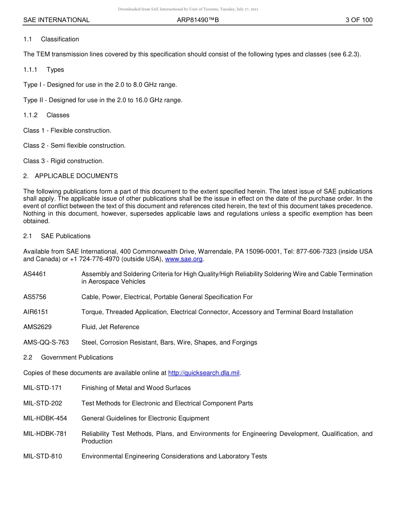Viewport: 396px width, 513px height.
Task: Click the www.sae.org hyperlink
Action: click(184, 259)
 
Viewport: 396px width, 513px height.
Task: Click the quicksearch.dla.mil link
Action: click(203, 373)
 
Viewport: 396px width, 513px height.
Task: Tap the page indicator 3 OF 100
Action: click(359, 20)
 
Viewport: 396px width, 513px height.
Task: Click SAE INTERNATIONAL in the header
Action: click(56, 20)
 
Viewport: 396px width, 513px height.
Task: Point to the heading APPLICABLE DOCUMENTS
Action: click(76, 176)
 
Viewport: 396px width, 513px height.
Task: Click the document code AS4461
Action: click(35, 274)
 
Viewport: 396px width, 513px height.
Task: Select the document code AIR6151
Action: click(35, 312)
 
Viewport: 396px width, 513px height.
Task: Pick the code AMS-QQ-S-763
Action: click(46, 342)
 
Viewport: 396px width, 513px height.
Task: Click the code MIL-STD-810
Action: click(43, 456)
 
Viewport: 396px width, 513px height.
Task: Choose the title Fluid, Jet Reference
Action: click(110, 327)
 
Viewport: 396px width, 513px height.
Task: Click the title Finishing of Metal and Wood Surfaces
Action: click(136, 388)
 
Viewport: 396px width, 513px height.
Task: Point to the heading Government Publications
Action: click(77, 357)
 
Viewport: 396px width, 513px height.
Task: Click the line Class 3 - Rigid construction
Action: click(63, 161)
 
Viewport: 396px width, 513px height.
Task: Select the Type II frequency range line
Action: click(103, 100)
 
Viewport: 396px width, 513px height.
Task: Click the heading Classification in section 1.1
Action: click(60, 39)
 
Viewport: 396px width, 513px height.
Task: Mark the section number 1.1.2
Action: click(30, 115)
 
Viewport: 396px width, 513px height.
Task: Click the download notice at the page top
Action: click(188, 9)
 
